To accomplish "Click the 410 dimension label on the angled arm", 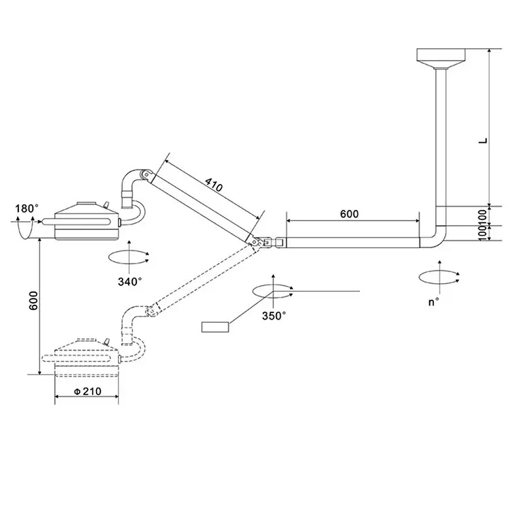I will click(213, 185).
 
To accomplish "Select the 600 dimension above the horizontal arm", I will click(349, 214).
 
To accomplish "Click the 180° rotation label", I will click(27, 208).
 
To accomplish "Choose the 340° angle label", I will click(129, 282).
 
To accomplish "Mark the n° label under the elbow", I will click(433, 301).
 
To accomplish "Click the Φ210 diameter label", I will click(86, 391).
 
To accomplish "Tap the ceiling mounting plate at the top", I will click(441, 56).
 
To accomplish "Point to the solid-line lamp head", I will click(87, 221).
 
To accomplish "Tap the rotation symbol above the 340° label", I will click(130, 256).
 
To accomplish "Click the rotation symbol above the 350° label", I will click(272, 292).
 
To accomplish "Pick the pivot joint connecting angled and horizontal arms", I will click(264, 242).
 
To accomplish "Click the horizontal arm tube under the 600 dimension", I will click(352, 242).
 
